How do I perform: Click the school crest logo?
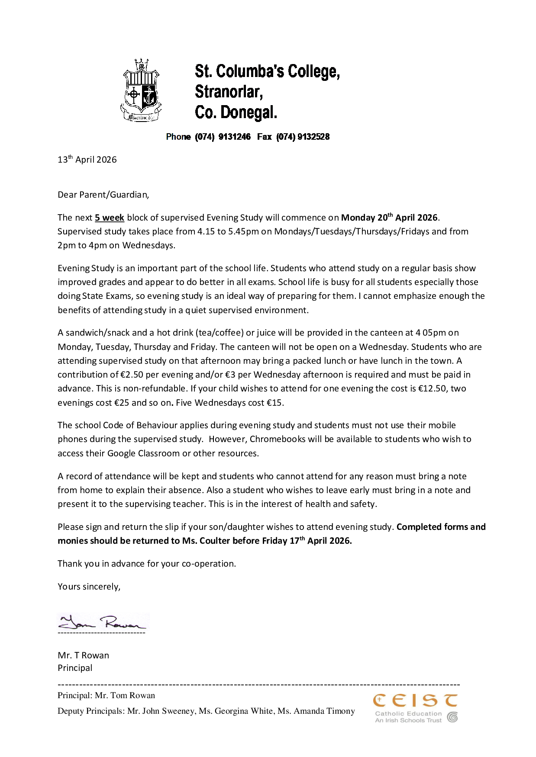click(x=141, y=90)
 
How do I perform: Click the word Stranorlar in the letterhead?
click(x=229, y=92)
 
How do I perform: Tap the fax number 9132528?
click(x=313, y=137)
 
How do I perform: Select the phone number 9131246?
click(x=234, y=137)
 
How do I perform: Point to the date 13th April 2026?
click(x=87, y=160)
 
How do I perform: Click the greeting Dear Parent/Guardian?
click(x=103, y=195)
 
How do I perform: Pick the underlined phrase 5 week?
click(x=110, y=218)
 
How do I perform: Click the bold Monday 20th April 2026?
click(x=389, y=217)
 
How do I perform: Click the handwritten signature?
click(x=103, y=622)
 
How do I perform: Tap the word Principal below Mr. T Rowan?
click(x=75, y=668)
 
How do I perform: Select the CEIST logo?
click(x=415, y=708)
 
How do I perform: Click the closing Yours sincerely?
click(x=89, y=587)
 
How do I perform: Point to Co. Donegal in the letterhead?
click(x=236, y=112)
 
